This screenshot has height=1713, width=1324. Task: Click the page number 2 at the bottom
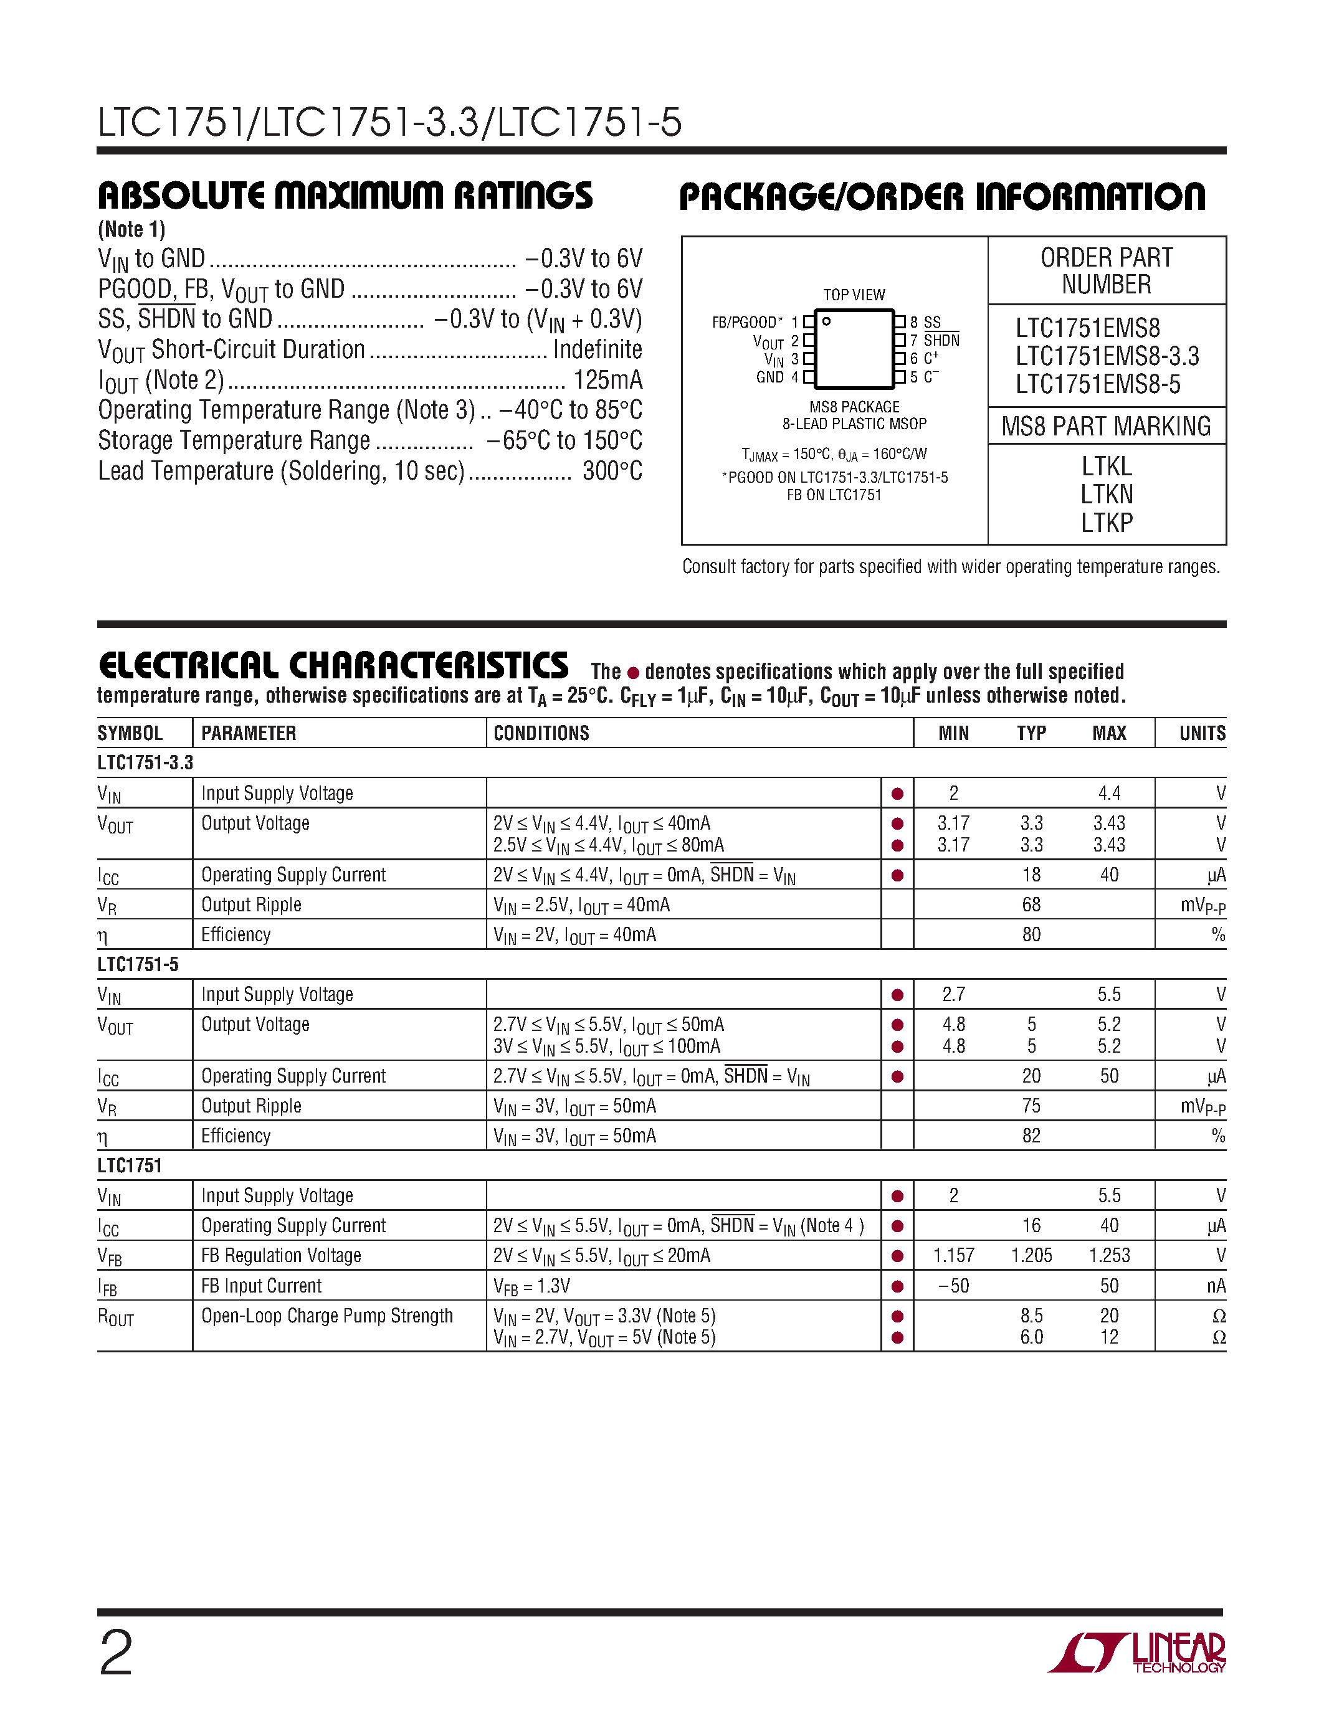116,1653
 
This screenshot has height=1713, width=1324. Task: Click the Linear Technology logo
1137,1653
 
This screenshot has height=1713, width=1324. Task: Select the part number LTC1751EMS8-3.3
1107,356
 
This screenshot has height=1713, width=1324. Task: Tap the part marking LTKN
1106,494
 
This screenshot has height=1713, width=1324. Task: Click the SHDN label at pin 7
941,340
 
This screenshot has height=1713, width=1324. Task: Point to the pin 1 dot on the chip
826,321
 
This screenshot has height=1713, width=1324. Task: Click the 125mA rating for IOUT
608,379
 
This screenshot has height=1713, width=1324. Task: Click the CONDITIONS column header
541,733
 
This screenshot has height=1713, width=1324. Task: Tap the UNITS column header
1202,733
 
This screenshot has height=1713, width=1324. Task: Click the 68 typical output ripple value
1031,904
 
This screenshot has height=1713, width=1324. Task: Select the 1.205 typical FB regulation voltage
1031,1255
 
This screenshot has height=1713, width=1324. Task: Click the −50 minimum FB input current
953,1286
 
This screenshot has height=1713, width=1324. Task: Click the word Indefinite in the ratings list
597,349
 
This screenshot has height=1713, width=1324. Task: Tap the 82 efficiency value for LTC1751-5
1031,1136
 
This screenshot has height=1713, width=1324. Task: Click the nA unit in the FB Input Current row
1216,1286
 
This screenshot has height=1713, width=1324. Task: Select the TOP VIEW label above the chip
854,295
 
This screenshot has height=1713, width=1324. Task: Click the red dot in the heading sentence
633,673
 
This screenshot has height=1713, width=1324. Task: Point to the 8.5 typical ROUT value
1031,1316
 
